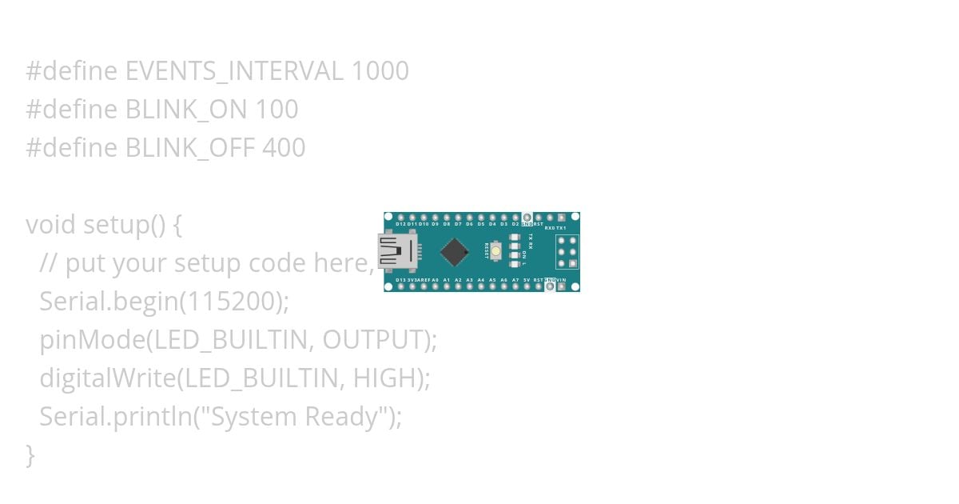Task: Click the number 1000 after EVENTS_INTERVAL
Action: point(380,71)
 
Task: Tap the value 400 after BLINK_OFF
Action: point(284,148)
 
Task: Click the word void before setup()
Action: point(50,225)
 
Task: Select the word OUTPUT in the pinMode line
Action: point(376,340)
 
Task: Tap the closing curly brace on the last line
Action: point(30,454)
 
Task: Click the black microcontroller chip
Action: point(454,251)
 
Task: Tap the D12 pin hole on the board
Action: point(400,218)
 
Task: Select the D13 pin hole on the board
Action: point(400,286)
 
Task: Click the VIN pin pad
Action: point(562,286)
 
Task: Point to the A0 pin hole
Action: point(435,286)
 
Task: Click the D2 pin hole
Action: point(515,218)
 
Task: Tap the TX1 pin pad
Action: point(562,218)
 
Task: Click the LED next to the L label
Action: point(515,263)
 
